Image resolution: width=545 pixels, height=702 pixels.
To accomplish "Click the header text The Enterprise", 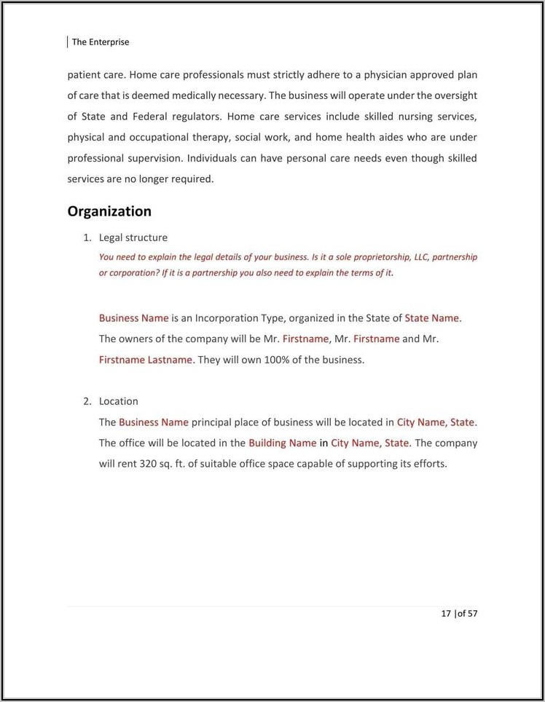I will pyautogui.click(x=101, y=42).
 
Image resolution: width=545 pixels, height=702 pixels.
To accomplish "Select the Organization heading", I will pyautogui.click(x=109, y=211).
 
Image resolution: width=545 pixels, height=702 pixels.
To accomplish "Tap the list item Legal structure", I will pyautogui.click(x=133, y=237).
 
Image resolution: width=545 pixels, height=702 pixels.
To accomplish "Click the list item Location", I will pyautogui.click(x=119, y=401).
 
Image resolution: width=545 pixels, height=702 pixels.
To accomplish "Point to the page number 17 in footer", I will pyautogui.click(x=446, y=613).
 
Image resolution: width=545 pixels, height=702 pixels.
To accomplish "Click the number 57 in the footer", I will pyautogui.click(x=472, y=613).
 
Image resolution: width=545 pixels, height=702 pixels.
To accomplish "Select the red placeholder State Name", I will pyautogui.click(x=433, y=318).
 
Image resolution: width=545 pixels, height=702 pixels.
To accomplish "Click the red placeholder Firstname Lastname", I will pyautogui.click(x=146, y=360).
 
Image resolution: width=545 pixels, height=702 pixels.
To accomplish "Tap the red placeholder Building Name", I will pyautogui.click(x=282, y=443).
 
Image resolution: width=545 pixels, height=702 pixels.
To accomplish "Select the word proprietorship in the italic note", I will pyautogui.click(x=383, y=257).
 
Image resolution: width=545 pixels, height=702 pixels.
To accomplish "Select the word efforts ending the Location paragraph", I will pyautogui.click(x=428, y=463).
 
